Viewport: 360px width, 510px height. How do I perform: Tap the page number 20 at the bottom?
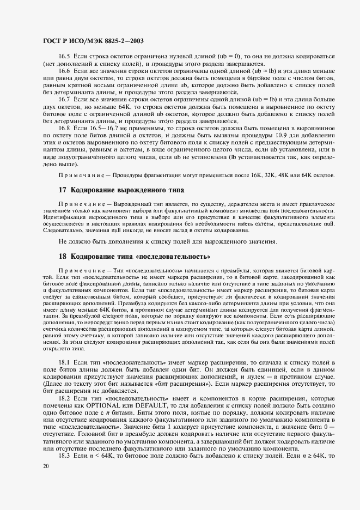tap(46, 466)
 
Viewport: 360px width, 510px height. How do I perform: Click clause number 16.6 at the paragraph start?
tap(64, 71)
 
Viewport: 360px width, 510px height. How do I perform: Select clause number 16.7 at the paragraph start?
tap(64, 100)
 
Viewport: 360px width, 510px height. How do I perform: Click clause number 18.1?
tap(64, 363)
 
